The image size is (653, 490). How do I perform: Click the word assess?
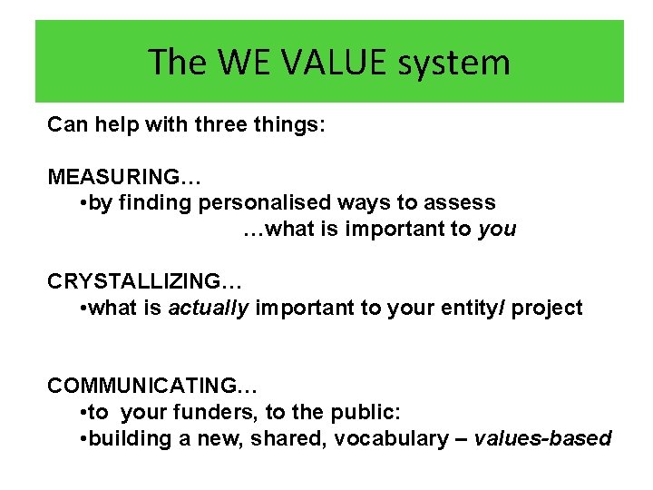point(462,202)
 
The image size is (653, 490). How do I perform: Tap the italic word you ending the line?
point(496,229)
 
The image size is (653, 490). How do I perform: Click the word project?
point(547,308)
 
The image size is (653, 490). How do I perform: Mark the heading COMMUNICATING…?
point(146,386)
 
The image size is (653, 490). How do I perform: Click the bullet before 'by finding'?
point(83,203)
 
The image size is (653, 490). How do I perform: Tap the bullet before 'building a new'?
point(83,439)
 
